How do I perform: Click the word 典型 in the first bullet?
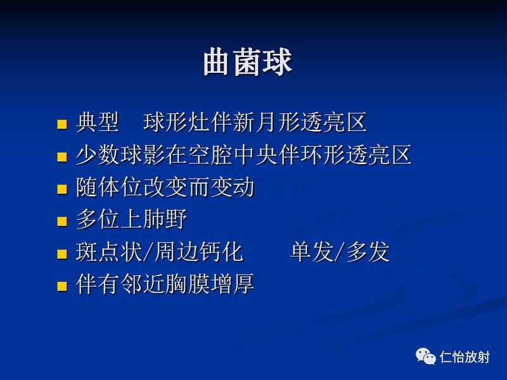[97, 122]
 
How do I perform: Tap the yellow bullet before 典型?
[61, 123]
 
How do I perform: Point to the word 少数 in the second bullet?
[97, 155]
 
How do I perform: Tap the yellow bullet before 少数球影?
[61, 156]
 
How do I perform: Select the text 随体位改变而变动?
[165, 187]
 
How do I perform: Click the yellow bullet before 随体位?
[61, 189]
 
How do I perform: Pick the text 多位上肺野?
[131, 220]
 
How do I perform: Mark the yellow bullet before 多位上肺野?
[61, 221]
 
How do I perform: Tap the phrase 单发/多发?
[340, 252]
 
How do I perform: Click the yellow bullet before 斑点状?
[61, 253]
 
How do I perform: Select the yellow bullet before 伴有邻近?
[61, 286]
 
